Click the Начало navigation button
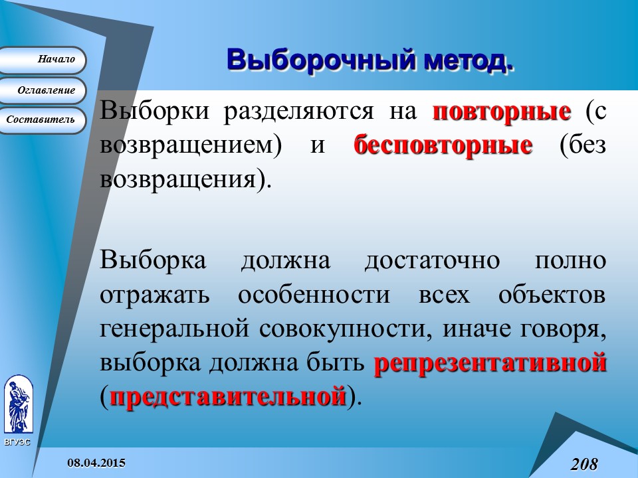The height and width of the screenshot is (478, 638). (43, 60)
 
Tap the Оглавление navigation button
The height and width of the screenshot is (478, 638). (43, 90)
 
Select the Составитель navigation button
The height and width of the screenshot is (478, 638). (43, 120)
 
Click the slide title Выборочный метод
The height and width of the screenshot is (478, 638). (370, 59)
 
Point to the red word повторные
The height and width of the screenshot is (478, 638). (502, 111)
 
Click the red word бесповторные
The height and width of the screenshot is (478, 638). (443, 145)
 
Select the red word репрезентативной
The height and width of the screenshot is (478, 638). (490, 363)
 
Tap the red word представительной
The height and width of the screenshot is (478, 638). (228, 397)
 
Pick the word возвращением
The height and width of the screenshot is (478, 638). (186, 145)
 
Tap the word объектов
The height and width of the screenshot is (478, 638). (552, 295)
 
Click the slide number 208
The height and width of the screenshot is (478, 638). (584, 463)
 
